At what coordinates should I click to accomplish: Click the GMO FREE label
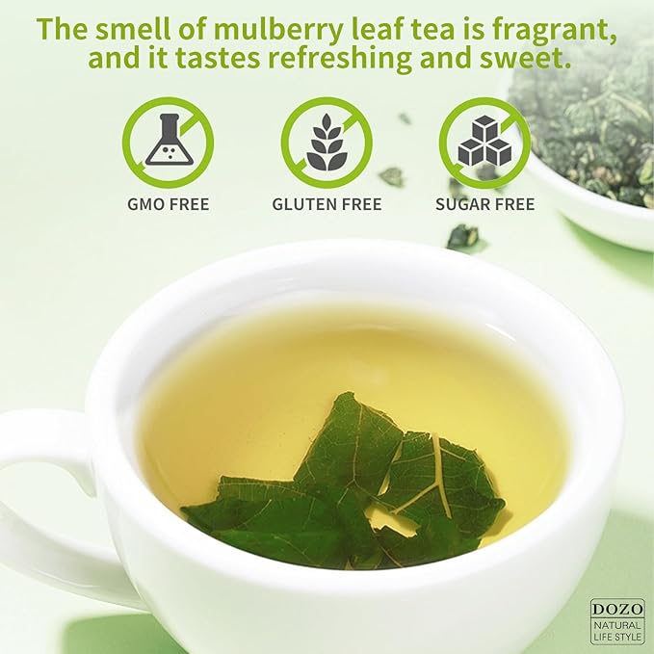click(x=168, y=204)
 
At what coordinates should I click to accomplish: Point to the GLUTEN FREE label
click(x=327, y=204)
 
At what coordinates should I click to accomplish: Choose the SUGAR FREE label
click(x=484, y=204)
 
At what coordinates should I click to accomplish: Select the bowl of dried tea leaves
click(x=588, y=144)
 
